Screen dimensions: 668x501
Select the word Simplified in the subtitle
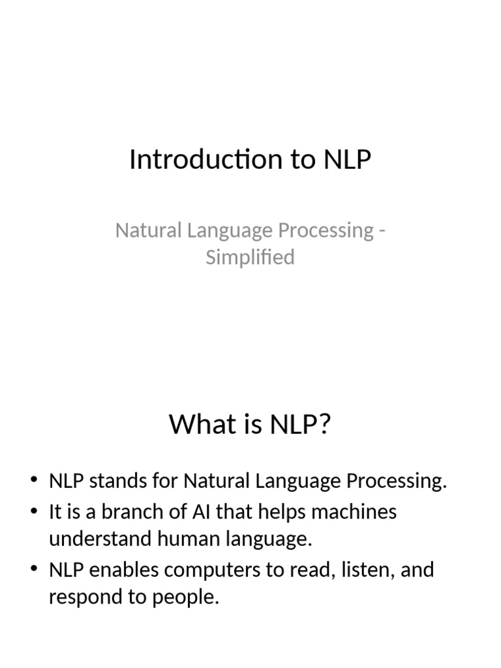[250, 257]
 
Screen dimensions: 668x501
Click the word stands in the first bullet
[114, 482]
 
